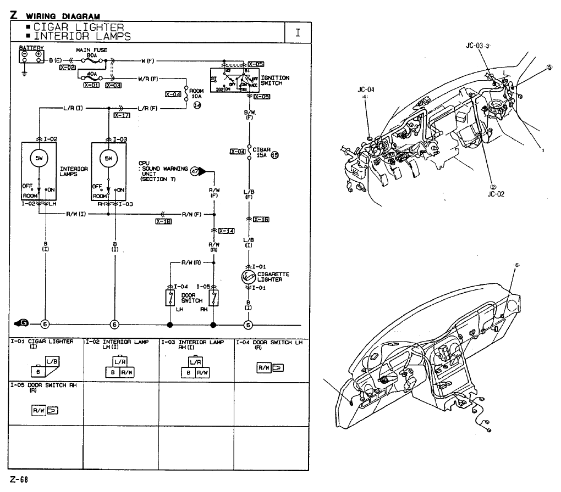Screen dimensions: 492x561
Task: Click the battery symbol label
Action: click(31, 48)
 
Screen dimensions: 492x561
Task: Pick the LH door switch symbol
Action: click(169, 298)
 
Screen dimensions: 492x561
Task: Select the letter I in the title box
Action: click(298, 32)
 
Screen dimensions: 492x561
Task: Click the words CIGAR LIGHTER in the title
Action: click(79, 27)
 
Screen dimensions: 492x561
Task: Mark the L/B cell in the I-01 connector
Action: click(52, 361)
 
